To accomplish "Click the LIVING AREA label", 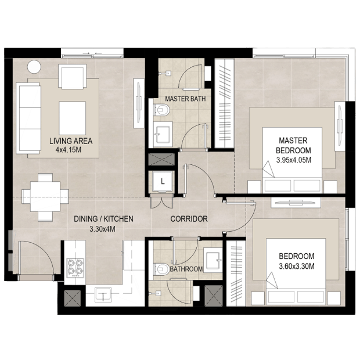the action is [71, 141].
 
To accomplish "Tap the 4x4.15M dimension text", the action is [69, 150].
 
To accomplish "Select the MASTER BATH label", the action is [185, 99].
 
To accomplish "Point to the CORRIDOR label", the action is [189, 219].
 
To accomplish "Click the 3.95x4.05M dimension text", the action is [294, 160].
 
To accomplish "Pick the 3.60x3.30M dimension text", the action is [297, 267].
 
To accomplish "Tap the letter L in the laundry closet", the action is [163, 182].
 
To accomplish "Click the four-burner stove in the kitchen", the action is [75, 268].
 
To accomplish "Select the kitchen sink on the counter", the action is [103, 294].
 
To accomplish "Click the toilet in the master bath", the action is [161, 110].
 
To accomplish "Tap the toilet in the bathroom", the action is [161, 269].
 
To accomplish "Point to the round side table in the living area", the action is [34, 67].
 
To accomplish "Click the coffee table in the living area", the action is [73, 118].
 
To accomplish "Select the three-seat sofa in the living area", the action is [28, 118].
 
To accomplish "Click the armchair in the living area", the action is [73, 77].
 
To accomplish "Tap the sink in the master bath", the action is [163, 134].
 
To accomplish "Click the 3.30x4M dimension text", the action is [102, 229].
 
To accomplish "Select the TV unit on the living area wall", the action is [139, 103].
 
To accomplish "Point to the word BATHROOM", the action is [186, 269].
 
